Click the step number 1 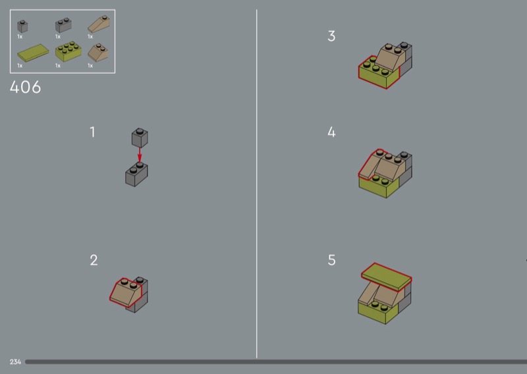pos(92,132)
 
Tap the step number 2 pos(94,260)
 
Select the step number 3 pos(331,36)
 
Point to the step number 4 pos(331,132)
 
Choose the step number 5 pos(332,260)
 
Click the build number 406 pos(26,88)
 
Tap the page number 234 pos(15,362)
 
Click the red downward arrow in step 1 pos(140,155)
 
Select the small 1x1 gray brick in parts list pos(22,26)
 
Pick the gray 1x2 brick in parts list pos(63,25)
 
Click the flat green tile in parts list pos(33,53)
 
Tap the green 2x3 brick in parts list pos(69,51)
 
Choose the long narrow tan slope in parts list pos(99,24)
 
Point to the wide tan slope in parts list pos(98,53)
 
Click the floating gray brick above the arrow pos(140,138)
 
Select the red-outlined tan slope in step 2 pos(125,292)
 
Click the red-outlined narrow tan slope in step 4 pos(370,165)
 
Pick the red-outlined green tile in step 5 pos(387,276)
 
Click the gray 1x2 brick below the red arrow pos(136,174)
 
